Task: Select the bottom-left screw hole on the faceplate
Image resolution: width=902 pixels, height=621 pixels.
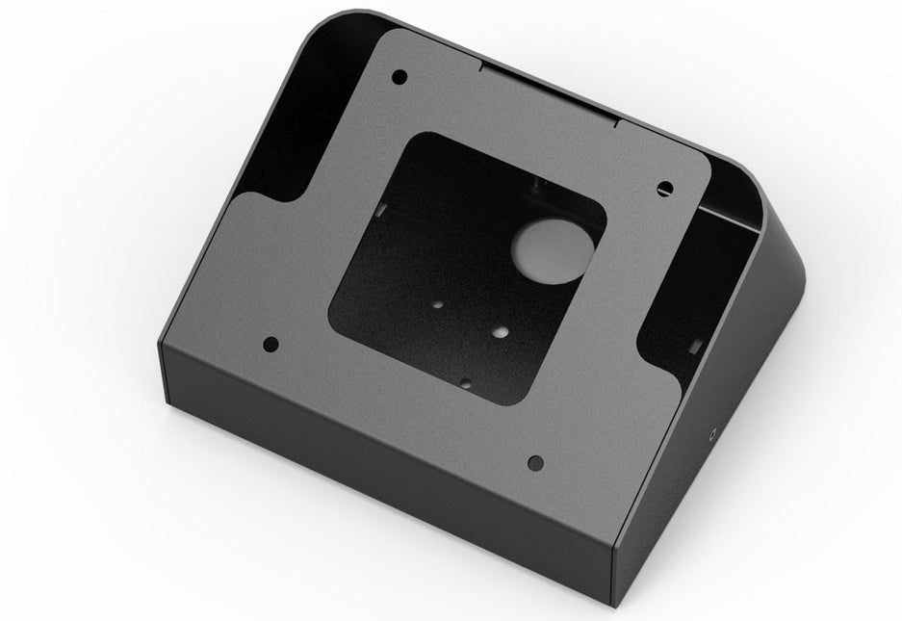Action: [271, 342]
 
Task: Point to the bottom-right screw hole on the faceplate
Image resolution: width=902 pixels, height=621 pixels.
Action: [535, 463]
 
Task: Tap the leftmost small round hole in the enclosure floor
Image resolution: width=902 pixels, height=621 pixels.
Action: [438, 305]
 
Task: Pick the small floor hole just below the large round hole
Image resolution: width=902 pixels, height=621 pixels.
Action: [501, 331]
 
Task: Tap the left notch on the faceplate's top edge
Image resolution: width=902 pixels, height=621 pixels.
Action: [478, 66]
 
